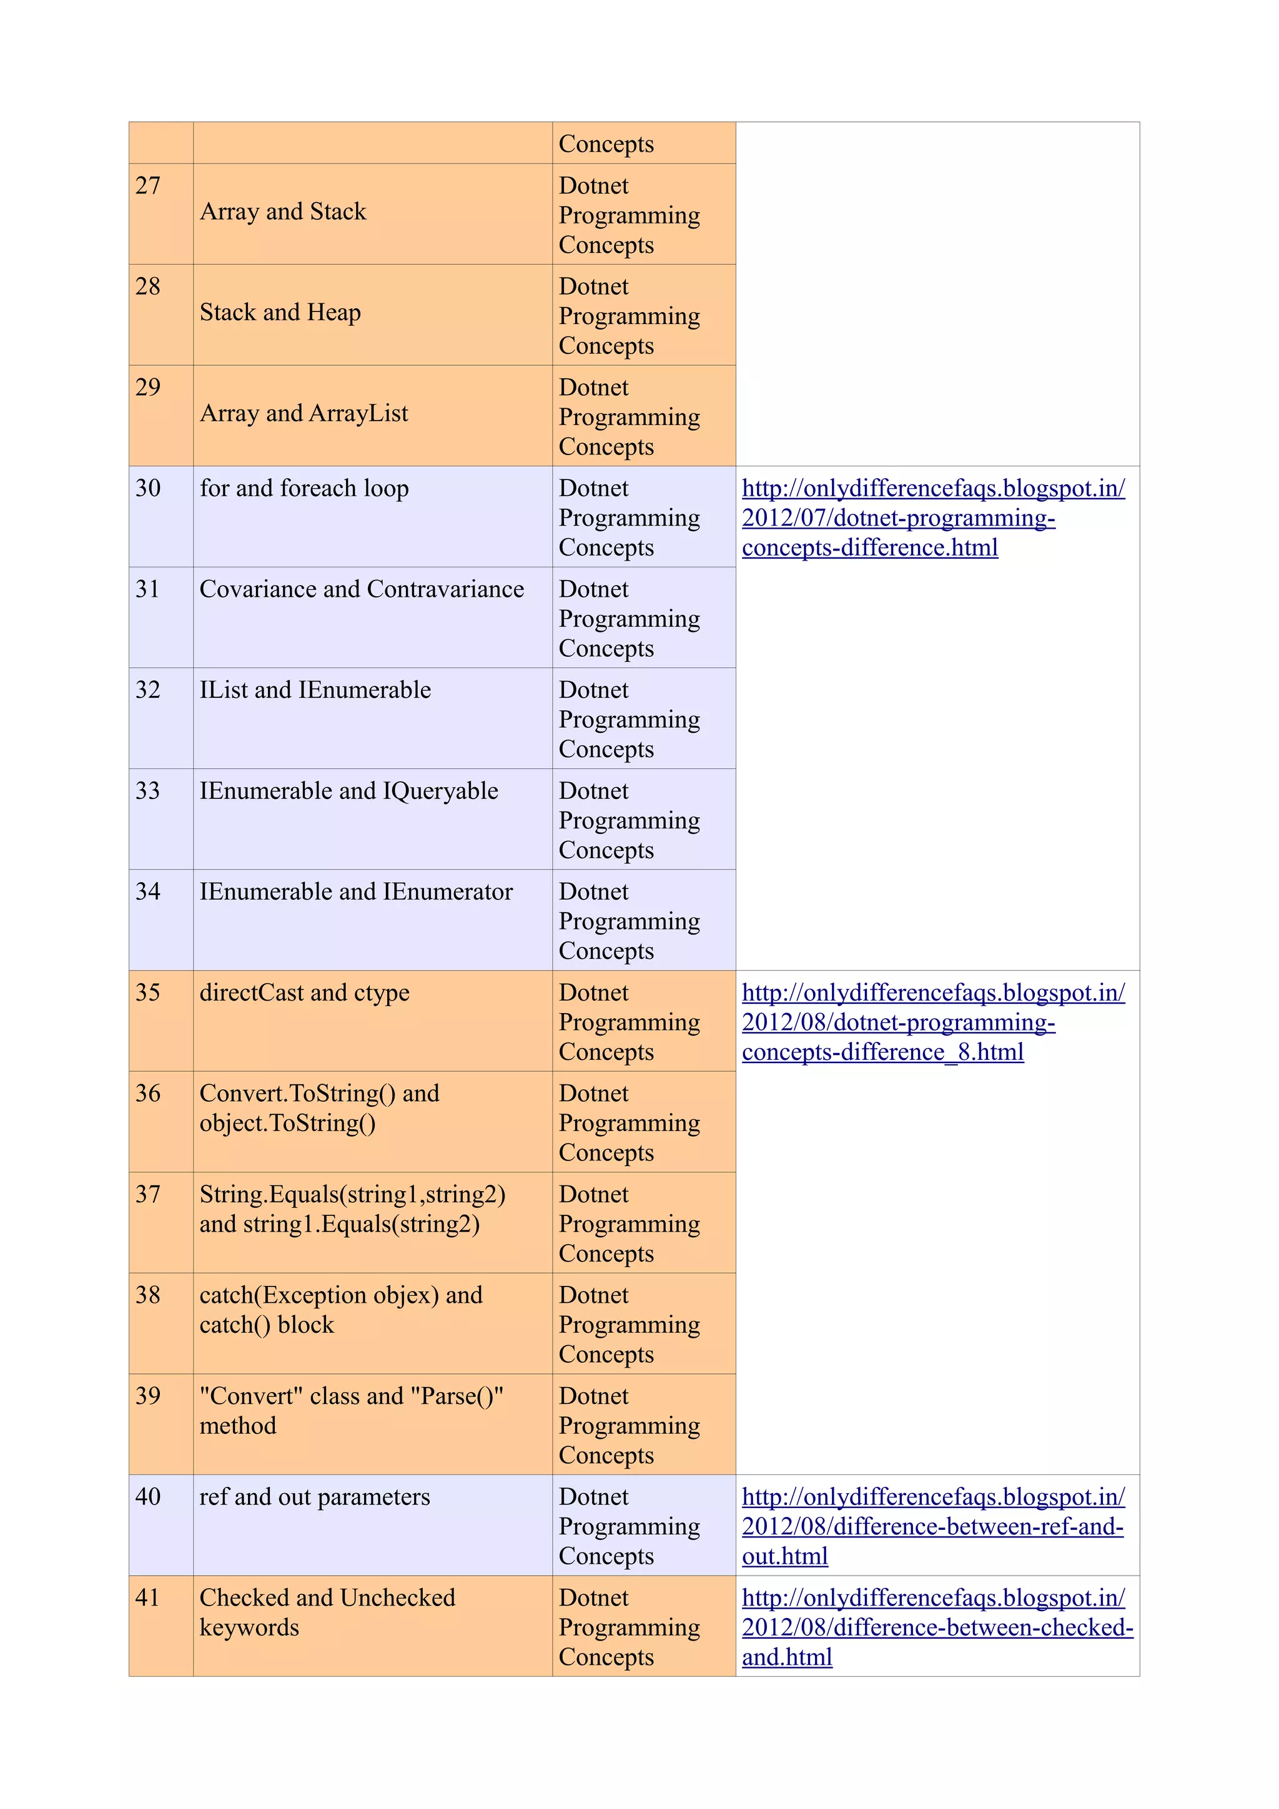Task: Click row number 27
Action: (147, 186)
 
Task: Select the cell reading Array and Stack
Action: (283, 212)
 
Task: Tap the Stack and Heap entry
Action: (280, 313)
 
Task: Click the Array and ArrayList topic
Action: (304, 414)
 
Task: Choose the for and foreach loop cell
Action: (304, 489)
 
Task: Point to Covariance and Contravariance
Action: (361, 589)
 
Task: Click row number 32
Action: (147, 690)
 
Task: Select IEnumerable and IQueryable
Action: (348, 791)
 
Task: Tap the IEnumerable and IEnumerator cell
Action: (355, 892)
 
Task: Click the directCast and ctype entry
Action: (304, 993)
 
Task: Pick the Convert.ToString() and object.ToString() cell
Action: (319, 1108)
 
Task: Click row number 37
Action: (147, 1194)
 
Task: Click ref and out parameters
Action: (314, 1497)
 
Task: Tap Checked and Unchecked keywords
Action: (327, 1612)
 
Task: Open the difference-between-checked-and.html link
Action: (936, 1628)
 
